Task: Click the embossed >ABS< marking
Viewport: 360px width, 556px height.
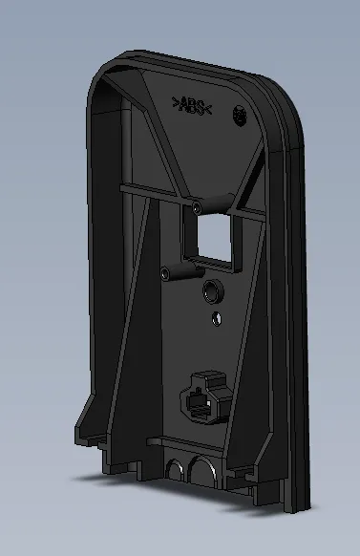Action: (192, 106)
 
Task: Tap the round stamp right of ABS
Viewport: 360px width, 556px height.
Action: (240, 115)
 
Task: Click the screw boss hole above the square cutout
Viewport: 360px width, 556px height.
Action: (197, 207)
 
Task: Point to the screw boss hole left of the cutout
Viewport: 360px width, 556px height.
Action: (165, 273)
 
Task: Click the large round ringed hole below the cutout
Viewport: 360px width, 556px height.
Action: (213, 291)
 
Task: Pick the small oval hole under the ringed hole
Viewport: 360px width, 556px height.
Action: (217, 319)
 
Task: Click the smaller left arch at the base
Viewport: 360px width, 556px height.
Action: (175, 469)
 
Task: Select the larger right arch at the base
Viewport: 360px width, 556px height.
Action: (202, 469)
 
